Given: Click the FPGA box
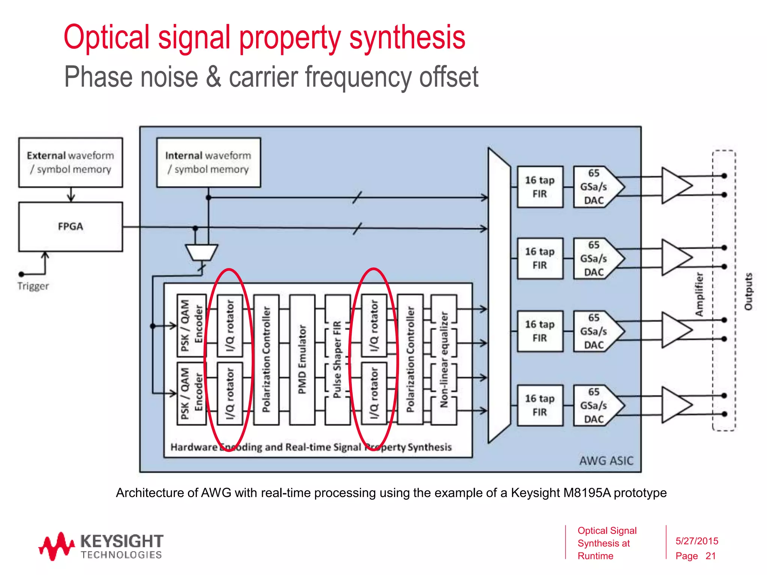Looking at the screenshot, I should coord(70,226).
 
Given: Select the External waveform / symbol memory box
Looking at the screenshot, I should coord(70,162).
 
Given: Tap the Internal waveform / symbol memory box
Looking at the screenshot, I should coord(208,162).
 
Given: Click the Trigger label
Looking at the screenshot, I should coord(33,286).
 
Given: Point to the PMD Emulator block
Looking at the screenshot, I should coord(302,359).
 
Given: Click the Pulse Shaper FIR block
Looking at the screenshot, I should coord(337,359).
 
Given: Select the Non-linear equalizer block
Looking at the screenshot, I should coord(444,359).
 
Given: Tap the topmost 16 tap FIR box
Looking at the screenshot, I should coord(540,187).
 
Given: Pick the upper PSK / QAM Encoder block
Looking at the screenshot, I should coord(191,325).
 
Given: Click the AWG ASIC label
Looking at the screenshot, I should coord(606,460).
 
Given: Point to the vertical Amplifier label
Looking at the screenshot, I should coord(699,294).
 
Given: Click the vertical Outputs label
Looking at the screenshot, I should coord(748,292).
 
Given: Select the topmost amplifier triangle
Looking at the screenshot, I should coord(674,185).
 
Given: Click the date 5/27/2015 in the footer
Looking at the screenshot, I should coord(697,541).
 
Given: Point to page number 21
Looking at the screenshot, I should coord(710,556).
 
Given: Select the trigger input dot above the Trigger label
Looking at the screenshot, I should coord(21,274).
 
